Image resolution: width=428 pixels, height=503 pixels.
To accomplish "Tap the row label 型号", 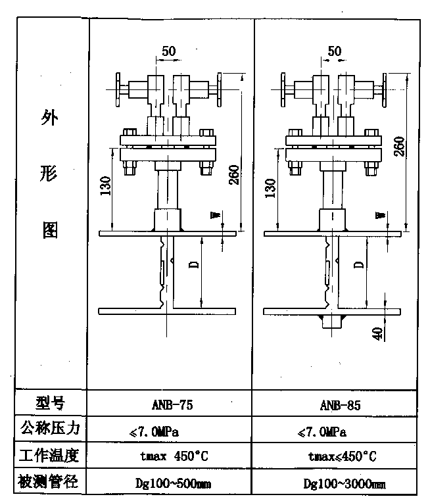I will point(51,402).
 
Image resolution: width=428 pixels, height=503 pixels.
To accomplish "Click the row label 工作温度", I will point(51,454).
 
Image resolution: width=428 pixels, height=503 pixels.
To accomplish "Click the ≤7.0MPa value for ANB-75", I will point(155,431).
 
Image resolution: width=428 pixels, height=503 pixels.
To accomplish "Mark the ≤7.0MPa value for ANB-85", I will point(322,431).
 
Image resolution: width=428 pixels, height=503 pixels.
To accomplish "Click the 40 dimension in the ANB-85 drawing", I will point(377,333).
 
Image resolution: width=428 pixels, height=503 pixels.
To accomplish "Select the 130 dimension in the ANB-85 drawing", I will point(270,189).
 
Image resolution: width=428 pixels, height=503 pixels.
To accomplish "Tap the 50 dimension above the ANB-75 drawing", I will point(169,50).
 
